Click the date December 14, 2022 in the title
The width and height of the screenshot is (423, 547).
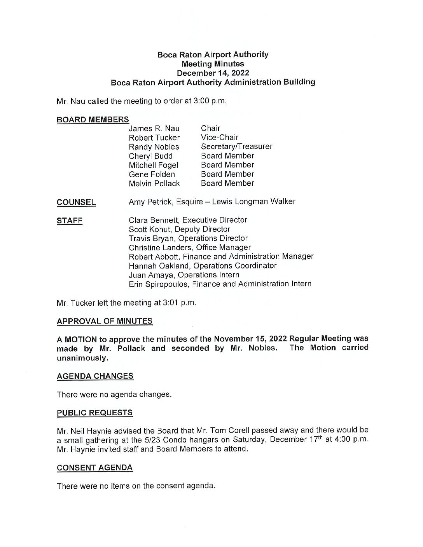[x=213, y=73]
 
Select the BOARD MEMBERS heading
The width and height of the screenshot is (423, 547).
[x=93, y=120]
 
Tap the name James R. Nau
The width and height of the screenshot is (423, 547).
[x=154, y=129]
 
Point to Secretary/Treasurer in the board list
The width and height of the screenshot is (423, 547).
[x=236, y=146]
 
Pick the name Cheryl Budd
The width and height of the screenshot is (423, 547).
[x=150, y=156]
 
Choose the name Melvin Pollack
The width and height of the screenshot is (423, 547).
[x=154, y=183]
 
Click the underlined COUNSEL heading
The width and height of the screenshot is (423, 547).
[x=76, y=202]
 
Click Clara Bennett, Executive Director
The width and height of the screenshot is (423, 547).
[x=188, y=220]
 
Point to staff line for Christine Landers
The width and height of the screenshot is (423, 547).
[x=190, y=247]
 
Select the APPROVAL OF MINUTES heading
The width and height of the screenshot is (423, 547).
[x=105, y=321]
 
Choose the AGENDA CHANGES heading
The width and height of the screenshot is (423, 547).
[x=95, y=376]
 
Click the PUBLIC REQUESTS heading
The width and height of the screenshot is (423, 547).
[x=94, y=413]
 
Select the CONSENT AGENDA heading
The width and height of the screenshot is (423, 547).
[x=94, y=468]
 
